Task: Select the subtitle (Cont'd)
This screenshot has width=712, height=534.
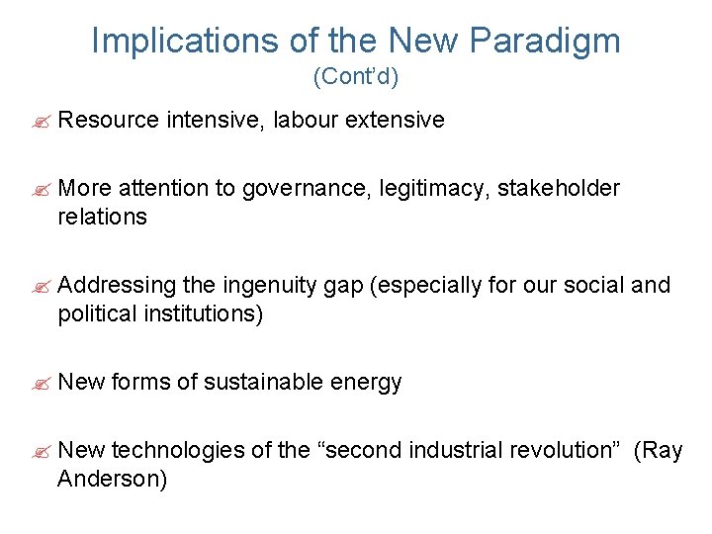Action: (355, 75)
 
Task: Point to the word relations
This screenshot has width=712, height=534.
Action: (102, 217)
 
